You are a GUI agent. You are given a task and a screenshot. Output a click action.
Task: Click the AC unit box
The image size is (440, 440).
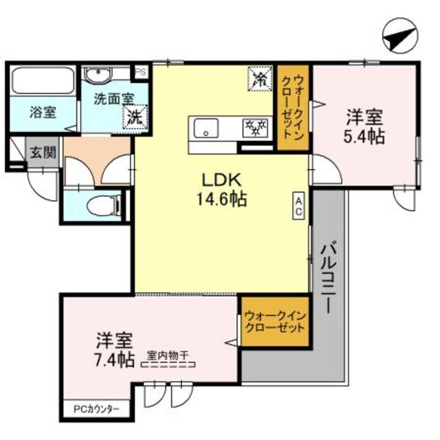coord(299,206)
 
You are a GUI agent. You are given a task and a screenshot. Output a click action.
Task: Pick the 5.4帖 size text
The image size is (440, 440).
coord(364,136)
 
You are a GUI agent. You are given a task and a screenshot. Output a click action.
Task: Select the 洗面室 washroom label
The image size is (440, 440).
coord(113,98)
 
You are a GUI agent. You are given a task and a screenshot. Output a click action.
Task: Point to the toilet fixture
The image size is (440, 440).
coord(107,204)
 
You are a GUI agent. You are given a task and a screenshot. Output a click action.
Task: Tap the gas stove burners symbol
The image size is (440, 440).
coord(256,126)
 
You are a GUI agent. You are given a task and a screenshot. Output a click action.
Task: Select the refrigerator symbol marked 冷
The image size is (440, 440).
coord(260,78)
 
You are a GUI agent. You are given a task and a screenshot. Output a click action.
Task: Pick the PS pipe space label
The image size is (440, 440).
coord(140,70)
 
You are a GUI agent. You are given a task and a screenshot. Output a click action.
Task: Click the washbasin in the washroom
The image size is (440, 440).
coord(95,76)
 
